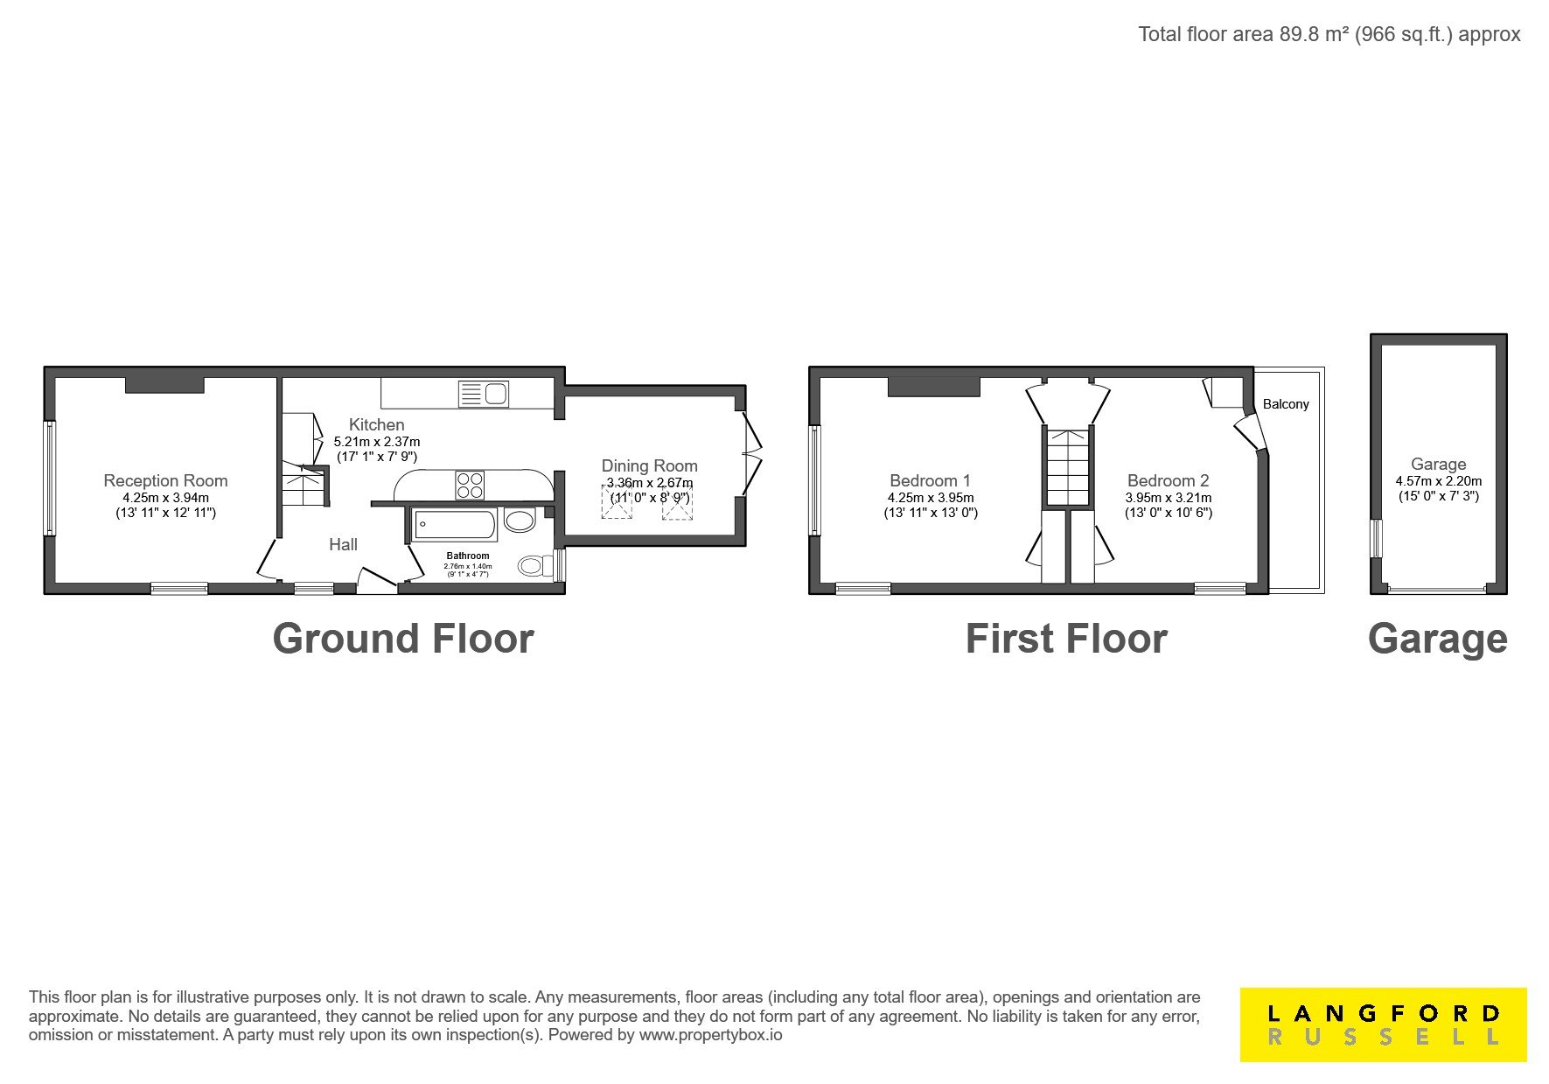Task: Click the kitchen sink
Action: pos(484,394)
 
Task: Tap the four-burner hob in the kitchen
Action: pos(470,485)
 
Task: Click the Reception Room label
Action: pos(165,480)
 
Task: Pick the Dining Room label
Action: pos(649,465)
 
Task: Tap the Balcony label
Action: pos(1286,404)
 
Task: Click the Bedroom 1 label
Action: pos(930,480)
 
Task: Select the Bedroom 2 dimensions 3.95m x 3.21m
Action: pos(1169,498)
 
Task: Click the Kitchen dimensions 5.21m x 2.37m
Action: pos(377,442)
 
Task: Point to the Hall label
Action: pos(343,544)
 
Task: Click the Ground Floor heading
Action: pos(403,639)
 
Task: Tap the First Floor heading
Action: pos(1066,639)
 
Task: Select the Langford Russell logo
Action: pos(1384,1025)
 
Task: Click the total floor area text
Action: pos(1329,34)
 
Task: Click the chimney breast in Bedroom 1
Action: pos(933,386)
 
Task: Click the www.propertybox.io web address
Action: pos(710,1035)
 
